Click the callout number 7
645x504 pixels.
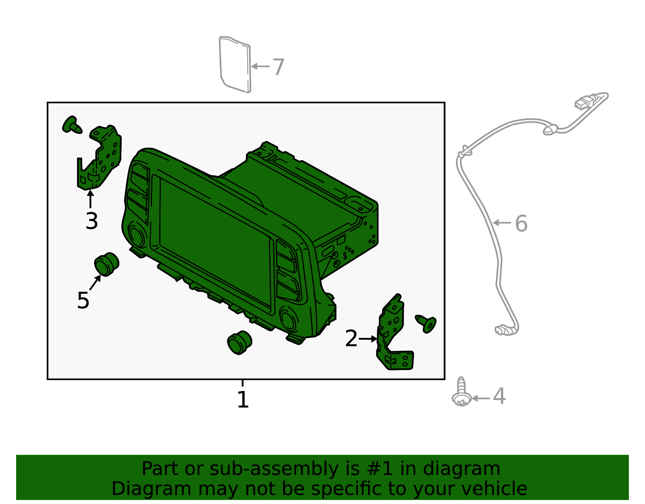pyautogui.click(x=278, y=67)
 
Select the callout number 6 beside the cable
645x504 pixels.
pyautogui.click(x=521, y=223)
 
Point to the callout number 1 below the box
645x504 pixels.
pyautogui.click(x=243, y=399)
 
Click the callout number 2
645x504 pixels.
pyautogui.click(x=351, y=338)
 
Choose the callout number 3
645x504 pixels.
pyautogui.click(x=92, y=221)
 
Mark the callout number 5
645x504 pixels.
pyautogui.click(x=83, y=300)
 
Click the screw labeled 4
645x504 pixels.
pyautogui.click(x=462, y=392)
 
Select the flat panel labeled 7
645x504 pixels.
pyautogui.click(x=235, y=65)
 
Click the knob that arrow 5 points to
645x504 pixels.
pyautogui.click(x=106, y=264)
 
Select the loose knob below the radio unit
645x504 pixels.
pyautogui.click(x=239, y=343)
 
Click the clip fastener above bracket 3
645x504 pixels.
pyautogui.click(x=71, y=125)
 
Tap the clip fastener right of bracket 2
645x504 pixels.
pyautogui.click(x=427, y=323)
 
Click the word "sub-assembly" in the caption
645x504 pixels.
pyautogui.click(x=274, y=468)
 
